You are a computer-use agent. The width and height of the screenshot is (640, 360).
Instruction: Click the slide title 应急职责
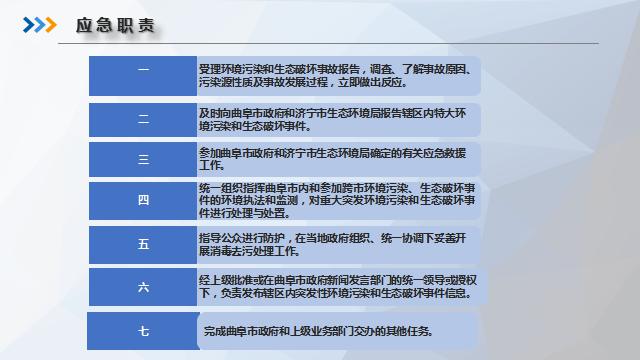point(115,25)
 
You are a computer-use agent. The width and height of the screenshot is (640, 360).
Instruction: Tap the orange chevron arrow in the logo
point(51,25)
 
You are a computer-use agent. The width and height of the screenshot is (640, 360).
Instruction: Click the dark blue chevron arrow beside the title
point(29,25)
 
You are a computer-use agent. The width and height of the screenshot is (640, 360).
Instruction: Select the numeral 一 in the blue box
point(143,70)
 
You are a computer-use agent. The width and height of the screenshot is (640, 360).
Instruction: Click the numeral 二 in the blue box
point(143,119)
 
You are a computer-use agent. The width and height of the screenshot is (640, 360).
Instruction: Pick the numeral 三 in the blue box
point(143,159)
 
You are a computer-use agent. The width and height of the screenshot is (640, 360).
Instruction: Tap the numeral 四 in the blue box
point(143,200)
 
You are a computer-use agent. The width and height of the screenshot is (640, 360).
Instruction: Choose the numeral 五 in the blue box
point(143,244)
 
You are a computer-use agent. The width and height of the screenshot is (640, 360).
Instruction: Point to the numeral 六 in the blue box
point(143,287)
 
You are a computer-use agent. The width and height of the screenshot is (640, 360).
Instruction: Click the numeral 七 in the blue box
point(143,331)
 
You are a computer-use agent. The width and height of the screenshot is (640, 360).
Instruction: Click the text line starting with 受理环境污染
point(336,69)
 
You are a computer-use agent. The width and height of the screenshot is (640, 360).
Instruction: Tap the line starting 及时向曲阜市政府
point(332,113)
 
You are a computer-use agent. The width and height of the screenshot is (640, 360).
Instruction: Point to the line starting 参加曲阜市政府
point(332,153)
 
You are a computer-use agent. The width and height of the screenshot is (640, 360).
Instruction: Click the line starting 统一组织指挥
point(337,188)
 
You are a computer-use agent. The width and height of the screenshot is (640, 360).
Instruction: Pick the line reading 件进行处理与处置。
point(244,213)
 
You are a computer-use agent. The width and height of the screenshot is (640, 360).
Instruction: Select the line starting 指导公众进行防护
point(332,238)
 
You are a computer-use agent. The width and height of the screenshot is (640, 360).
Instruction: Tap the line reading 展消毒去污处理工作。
point(250,251)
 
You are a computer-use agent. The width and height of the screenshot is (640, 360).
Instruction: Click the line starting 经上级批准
point(338,280)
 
